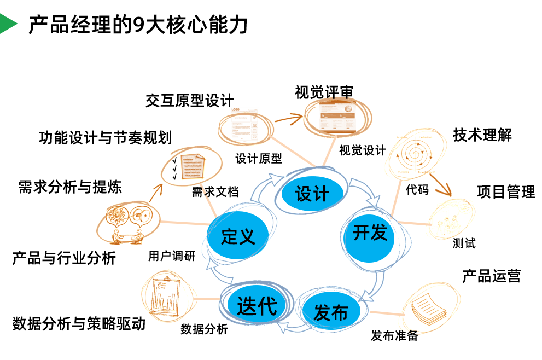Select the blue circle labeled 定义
238,236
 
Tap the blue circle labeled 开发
370,233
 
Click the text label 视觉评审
324,92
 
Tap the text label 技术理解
482,135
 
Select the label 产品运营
491,276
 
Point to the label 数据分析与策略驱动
79,323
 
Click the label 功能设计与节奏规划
105,137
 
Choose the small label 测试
464,243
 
